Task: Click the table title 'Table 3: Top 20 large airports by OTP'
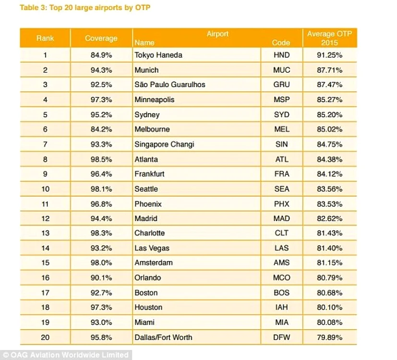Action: point(85,8)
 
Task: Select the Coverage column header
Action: point(101,38)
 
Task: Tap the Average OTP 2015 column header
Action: point(329,38)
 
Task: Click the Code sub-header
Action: point(281,43)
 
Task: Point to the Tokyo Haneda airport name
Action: point(158,55)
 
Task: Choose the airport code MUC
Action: point(281,70)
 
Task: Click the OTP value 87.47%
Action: point(329,84)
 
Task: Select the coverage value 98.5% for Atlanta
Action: point(101,159)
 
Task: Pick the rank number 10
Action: point(45,189)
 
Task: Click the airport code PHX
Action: point(281,204)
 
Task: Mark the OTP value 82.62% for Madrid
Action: point(329,218)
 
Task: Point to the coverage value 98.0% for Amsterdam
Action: point(101,263)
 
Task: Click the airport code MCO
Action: point(281,278)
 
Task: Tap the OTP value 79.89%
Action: point(329,337)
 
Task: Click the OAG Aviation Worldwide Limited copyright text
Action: point(66,355)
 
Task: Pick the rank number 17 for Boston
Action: point(45,293)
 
